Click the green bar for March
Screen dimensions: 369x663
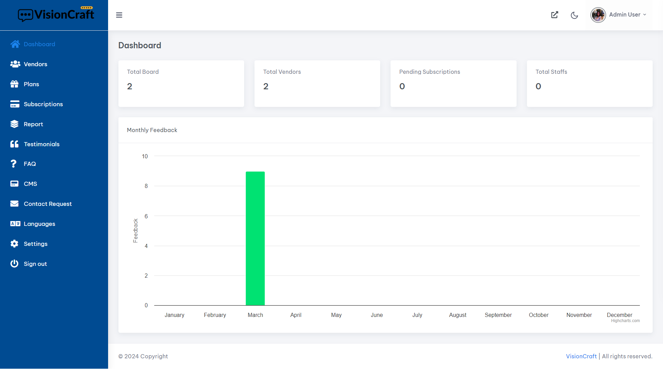coord(255,238)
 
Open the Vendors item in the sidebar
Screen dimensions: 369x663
coord(35,64)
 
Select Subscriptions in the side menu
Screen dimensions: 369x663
coord(43,104)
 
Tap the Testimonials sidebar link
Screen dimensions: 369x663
coord(41,144)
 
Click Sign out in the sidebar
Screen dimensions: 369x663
coord(35,264)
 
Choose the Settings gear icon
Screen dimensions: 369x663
coord(15,244)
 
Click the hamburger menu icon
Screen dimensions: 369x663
coord(119,15)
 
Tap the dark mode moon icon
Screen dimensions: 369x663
coord(574,15)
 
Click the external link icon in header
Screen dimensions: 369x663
coord(555,15)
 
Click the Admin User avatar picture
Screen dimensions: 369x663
coord(598,15)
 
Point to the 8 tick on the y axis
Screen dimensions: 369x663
coord(146,186)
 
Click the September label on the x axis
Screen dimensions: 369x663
coord(498,315)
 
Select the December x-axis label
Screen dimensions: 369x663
coord(619,315)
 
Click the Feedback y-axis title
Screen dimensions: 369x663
coord(135,230)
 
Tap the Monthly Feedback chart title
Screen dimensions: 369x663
coord(152,130)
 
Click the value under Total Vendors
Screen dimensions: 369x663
coord(266,86)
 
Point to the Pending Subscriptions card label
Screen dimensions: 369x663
coord(430,72)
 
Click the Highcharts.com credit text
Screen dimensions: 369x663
coord(625,321)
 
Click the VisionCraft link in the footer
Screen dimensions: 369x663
coord(581,356)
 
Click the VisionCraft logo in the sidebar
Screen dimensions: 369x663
coord(56,14)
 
